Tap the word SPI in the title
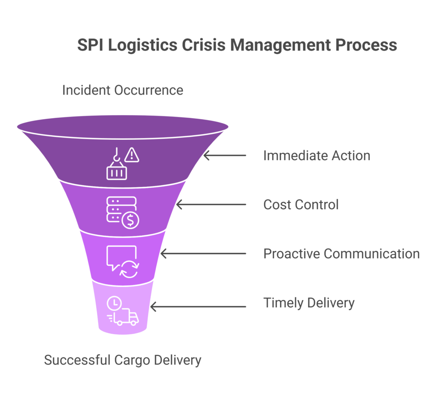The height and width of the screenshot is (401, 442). tap(91, 45)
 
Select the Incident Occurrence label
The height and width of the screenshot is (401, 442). tap(123, 90)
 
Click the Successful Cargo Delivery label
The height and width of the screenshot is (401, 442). tap(123, 360)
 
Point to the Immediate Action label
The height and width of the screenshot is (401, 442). tap(316, 155)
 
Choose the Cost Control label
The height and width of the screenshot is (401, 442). tap(301, 204)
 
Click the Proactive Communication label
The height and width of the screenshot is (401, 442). tap(341, 253)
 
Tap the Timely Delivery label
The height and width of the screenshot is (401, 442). tap(309, 303)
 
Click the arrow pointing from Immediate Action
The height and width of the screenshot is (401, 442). tap(224, 155)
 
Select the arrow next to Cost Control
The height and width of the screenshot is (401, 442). tap(211, 205)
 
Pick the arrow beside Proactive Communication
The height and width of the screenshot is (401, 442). tap(203, 254)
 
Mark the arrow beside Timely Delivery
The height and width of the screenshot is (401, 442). tap(198, 307)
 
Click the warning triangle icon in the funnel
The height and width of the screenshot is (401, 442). tap(132, 155)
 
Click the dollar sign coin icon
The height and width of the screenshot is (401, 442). tap(130, 221)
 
